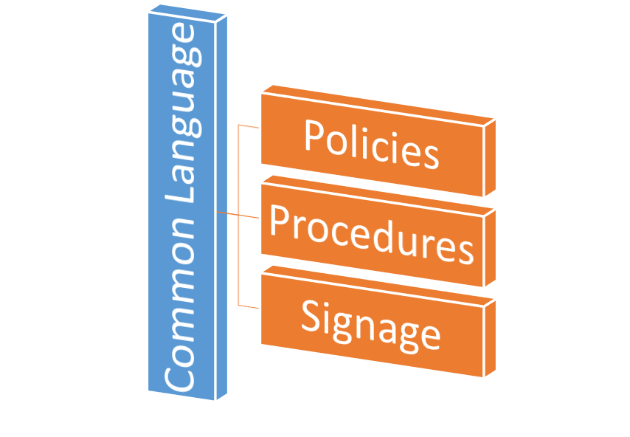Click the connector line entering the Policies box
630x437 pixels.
pos(249,126)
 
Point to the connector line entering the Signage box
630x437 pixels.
pos(249,306)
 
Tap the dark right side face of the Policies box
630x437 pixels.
pos(489,156)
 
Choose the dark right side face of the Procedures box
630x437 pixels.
pos(489,247)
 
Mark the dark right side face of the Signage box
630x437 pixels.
pos(489,337)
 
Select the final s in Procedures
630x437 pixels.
pos(464,249)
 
